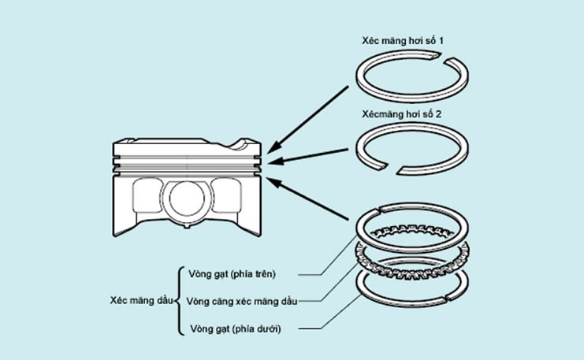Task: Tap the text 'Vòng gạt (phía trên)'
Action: click(x=232, y=274)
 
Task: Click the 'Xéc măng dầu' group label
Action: click(x=140, y=301)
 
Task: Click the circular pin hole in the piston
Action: click(x=188, y=200)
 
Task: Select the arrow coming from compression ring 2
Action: click(x=311, y=160)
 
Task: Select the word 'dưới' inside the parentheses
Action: click(x=263, y=328)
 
